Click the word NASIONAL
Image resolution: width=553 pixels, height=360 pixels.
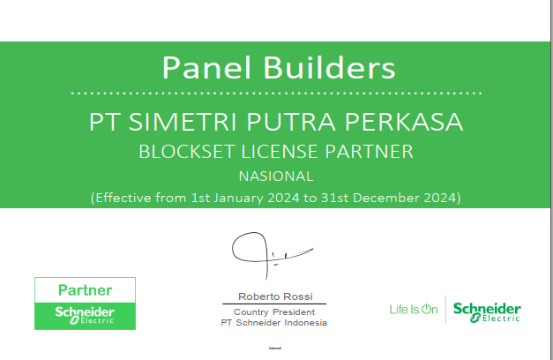click(x=276, y=176)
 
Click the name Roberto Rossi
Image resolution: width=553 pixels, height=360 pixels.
click(x=275, y=296)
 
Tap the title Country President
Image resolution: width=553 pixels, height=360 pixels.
click(x=275, y=312)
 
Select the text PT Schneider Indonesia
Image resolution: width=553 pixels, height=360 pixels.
click(x=274, y=323)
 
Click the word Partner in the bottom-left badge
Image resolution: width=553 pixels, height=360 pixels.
click(x=85, y=290)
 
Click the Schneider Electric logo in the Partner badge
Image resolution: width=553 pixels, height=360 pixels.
click(x=85, y=315)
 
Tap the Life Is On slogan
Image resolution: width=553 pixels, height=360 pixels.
click(x=413, y=310)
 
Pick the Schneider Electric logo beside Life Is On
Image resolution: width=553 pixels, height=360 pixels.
click(x=487, y=311)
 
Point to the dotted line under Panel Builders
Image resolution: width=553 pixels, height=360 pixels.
click(x=276, y=92)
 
